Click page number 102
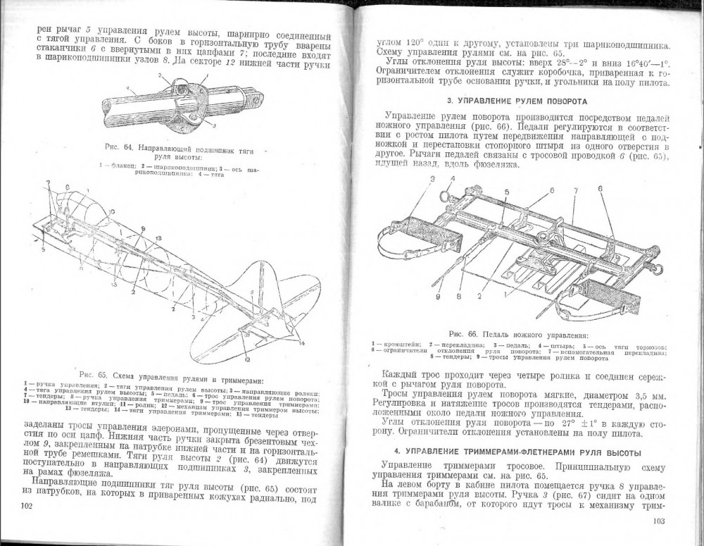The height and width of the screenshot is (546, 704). [27, 506]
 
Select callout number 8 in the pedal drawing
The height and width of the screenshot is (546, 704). [459, 296]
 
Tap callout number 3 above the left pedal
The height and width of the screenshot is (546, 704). [432, 179]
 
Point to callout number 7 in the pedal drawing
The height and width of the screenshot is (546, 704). [575, 191]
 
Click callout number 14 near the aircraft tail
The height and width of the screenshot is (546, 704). [303, 342]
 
